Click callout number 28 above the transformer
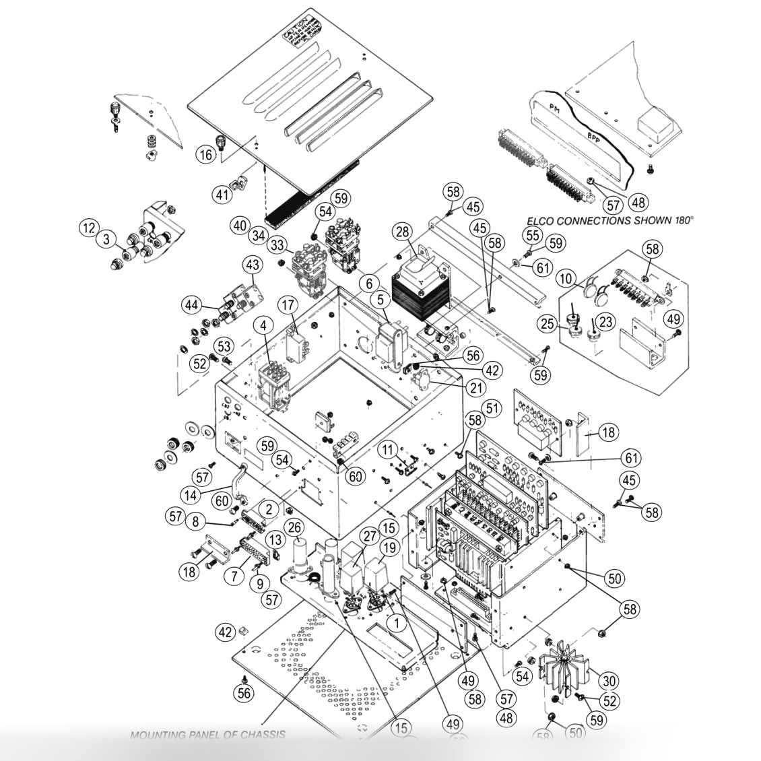(403, 233)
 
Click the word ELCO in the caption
(543, 220)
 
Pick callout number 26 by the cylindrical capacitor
(294, 526)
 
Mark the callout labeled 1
(398, 623)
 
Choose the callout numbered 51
(494, 408)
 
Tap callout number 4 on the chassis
(263, 325)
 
